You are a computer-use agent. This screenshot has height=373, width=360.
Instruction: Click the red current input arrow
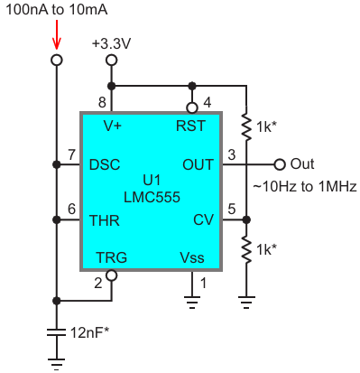coord(56,34)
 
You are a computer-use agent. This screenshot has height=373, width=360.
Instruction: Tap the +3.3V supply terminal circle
coord(111,61)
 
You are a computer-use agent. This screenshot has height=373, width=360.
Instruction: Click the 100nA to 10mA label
coord(57,10)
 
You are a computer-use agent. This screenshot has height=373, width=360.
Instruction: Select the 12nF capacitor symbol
coord(56,332)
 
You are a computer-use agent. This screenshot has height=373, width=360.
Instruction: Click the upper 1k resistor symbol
coord(246,126)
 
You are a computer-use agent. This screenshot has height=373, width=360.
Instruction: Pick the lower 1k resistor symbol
coord(246,249)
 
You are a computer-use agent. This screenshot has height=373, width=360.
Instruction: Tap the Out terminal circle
coord(280,164)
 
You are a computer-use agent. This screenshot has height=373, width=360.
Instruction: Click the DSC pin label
coord(105,164)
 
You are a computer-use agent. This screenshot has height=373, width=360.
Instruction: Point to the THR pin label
coord(105,220)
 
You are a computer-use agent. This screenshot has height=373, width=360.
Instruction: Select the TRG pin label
coord(112,257)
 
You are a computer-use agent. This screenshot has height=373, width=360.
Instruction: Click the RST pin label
coord(190,126)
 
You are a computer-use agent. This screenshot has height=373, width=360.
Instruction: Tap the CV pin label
coord(203,220)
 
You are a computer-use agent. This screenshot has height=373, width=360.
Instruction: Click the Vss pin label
coord(192,257)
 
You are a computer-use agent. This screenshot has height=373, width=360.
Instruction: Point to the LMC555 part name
coord(152,197)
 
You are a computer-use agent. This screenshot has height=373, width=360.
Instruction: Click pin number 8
coord(102,103)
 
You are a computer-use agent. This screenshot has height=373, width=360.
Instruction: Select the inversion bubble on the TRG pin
coord(112,275)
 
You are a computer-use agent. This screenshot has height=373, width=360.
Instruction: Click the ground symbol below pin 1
coord(192,303)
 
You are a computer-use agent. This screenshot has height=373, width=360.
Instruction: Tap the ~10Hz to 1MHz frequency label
coord(305,187)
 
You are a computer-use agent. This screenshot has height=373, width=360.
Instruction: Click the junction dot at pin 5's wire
coord(246,220)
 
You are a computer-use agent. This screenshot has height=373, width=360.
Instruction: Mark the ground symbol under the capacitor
coord(56,364)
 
